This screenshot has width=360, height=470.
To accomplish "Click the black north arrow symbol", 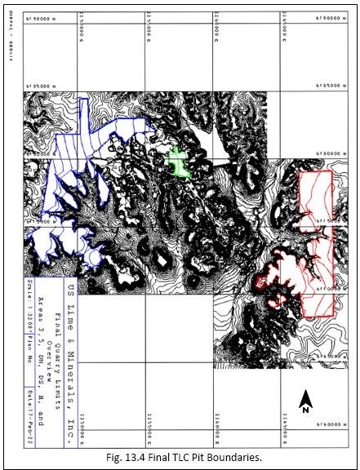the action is pos(304,398).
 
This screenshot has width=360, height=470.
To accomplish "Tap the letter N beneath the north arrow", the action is pos(304,410).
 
